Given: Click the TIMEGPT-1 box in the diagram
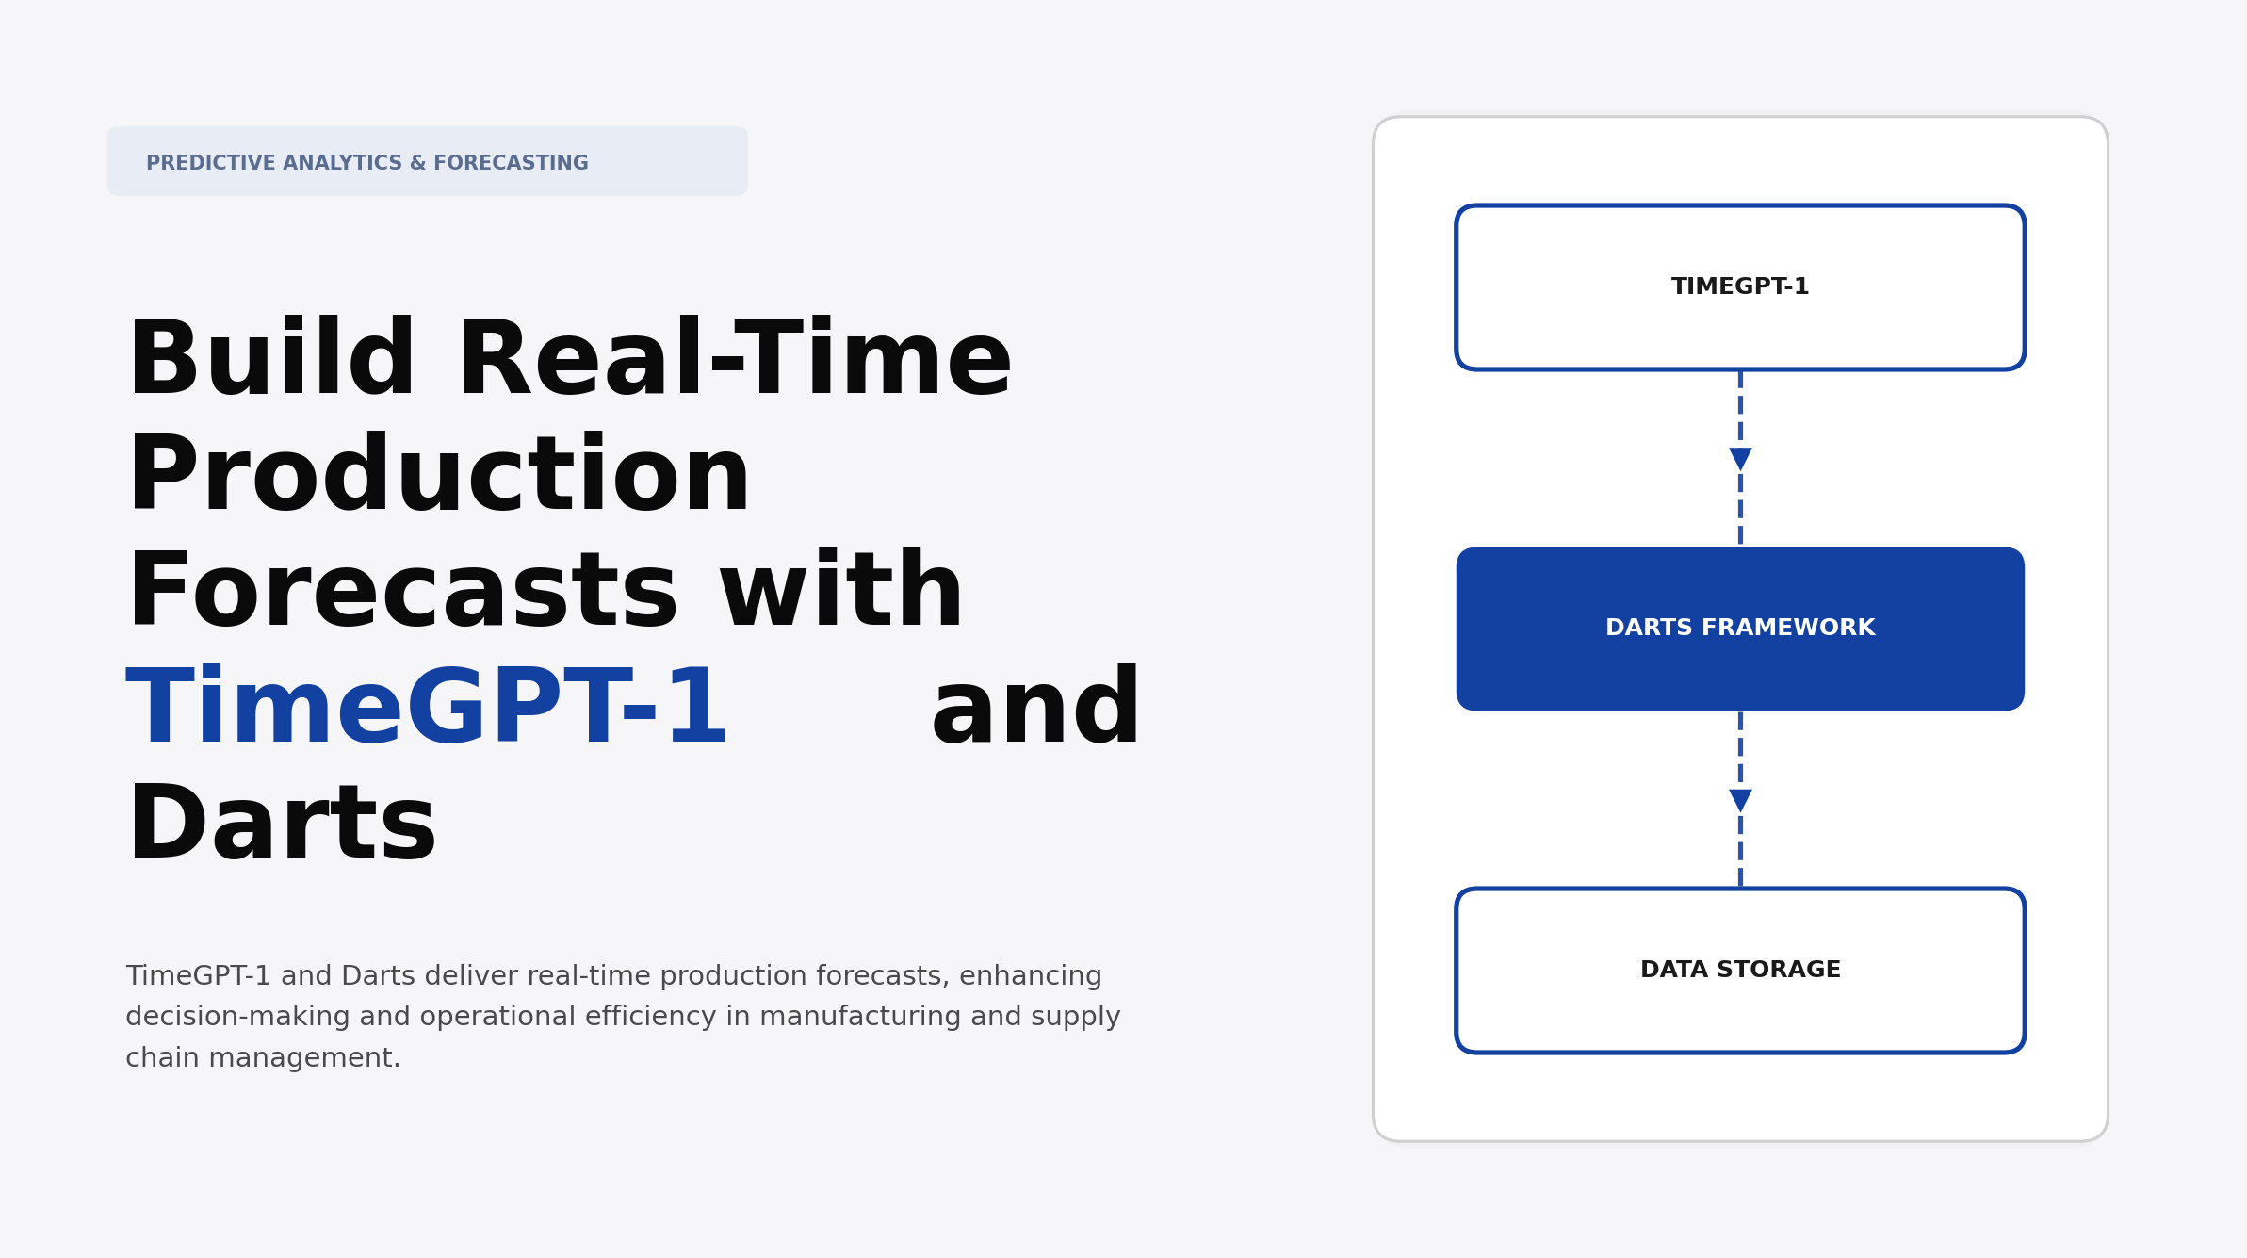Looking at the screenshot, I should point(1739,287).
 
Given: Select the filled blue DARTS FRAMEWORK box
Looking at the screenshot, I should point(1739,629).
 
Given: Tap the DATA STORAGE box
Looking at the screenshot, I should point(1739,970).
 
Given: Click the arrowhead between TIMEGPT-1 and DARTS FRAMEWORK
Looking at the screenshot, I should point(1739,459).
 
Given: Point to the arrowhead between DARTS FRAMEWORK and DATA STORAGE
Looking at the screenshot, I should point(1739,800).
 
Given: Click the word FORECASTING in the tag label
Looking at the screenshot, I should point(511,163).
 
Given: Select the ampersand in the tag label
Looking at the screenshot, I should point(417,163).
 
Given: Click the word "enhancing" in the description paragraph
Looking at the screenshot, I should point(1030,976).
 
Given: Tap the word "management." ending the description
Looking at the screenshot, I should point(303,1058).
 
